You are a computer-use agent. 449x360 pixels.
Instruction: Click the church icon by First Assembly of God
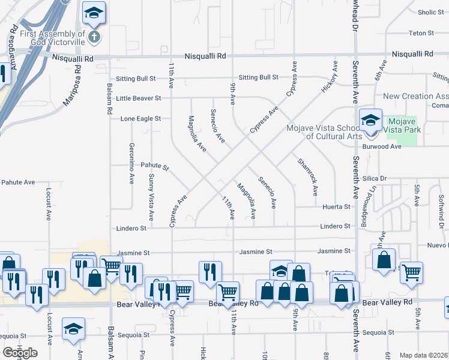pyautogui.click(x=94, y=37)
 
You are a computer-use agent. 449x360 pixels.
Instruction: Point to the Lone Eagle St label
pyautogui.click(x=140, y=119)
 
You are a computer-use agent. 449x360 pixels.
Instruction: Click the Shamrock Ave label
pyautogui.click(x=306, y=177)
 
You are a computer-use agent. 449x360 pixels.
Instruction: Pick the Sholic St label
pyautogui.click(x=430, y=12)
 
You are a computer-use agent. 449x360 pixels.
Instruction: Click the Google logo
pyautogui.click(x=20, y=352)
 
